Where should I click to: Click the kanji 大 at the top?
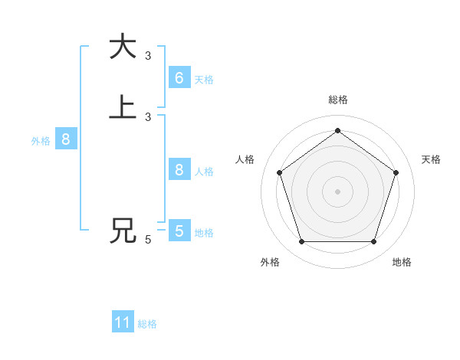pyautogui.click(x=123, y=47)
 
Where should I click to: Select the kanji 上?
pyautogui.click(x=123, y=108)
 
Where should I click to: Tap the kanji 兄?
pyautogui.click(x=123, y=231)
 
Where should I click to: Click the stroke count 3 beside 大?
pyautogui.click(x=148, y=56)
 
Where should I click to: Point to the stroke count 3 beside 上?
pyautogui.click(x=148, y=117)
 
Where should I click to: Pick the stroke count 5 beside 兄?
pyautogui.click(x=148, y=240)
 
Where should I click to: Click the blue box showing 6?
pyautogui.click(x=179, y=77)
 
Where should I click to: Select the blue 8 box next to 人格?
pyautogui.click(x=179, y=169)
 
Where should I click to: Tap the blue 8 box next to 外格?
pyautogui.click(x=66, y=139)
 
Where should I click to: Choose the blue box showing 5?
pyautogui.click(x=179, y=231)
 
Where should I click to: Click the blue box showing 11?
pyautogui.click(x=123, y=322)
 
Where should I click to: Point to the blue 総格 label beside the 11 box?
pyautogui.click(x=147, y=324)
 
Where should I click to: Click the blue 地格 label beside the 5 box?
pyautogui.click(x=204, y=233)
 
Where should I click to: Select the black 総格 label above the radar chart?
pyautogui.click(x=337, y=100)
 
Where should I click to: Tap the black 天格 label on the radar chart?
pyautogui.click(x=431, y=159)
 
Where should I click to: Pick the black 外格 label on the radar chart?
pyautogui.click(x=270, y=262)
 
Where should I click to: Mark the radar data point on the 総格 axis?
pyautogui.click(x=337, y=131)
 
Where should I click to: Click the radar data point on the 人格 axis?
pyautogui.click(x=279, y=172)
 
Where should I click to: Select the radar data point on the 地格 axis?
pyautogui.click(x=373, y=242)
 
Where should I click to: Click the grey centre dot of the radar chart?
pyautogui.click(x=337, y=191)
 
